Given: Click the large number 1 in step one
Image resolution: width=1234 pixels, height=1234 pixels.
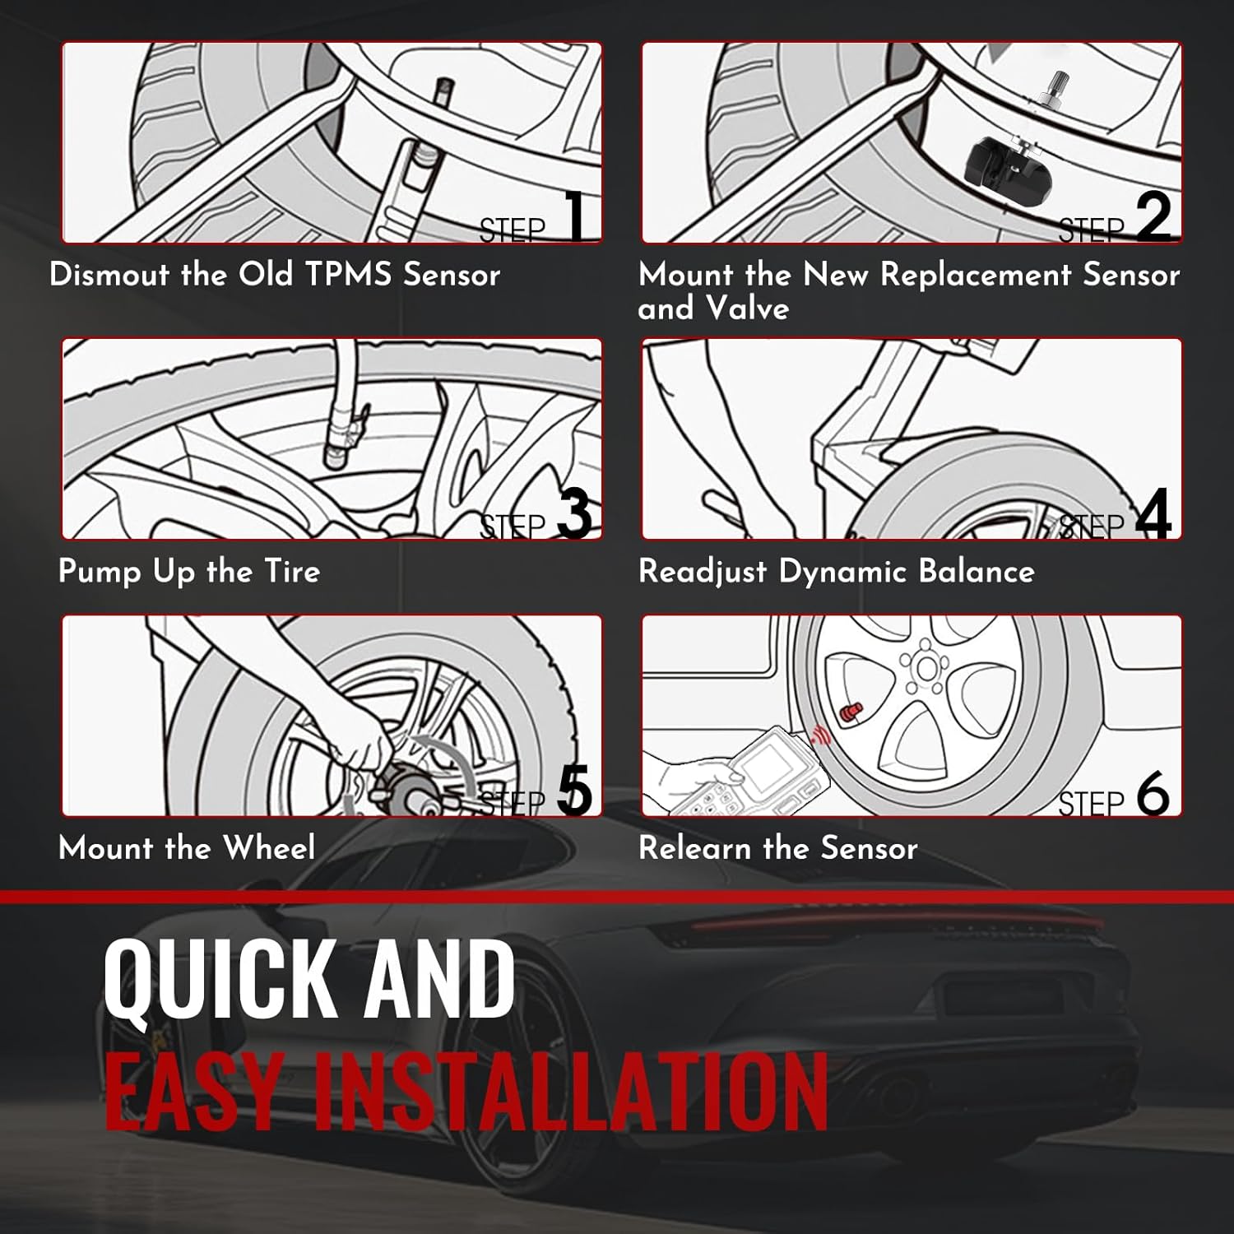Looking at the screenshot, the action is tap(578, 215).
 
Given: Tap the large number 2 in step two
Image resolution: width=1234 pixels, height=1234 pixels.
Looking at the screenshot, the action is tap(1153, 216).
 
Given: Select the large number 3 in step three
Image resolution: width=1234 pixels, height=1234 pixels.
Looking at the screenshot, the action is tap(574, 513).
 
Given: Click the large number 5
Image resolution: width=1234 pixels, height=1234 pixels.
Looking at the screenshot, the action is tap(574, 790).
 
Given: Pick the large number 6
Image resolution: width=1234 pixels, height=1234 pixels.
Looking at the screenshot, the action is tap(1153, 791).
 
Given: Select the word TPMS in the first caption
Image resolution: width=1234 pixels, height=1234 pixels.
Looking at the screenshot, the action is tap(349, 274).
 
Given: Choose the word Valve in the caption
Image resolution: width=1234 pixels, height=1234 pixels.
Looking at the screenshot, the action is tap(747, 308).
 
